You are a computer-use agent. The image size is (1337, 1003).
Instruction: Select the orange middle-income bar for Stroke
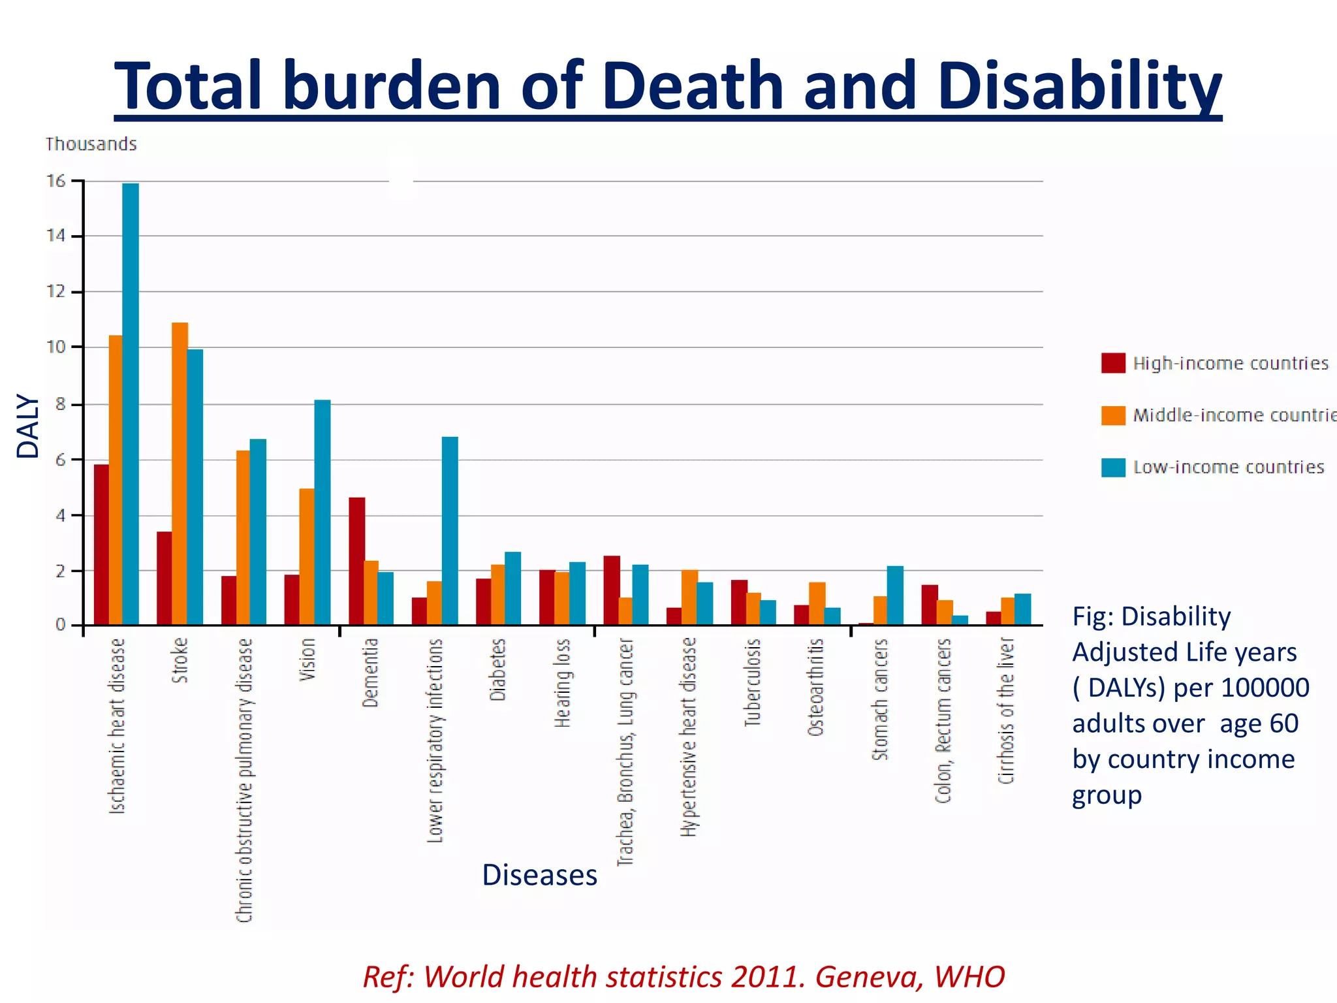[180, 473]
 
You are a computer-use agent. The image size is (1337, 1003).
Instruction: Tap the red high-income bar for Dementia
[356, 561]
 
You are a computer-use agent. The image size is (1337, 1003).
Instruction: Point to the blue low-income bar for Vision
[322, 512]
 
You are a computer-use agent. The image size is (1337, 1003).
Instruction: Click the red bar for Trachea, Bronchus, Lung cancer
[612, 590]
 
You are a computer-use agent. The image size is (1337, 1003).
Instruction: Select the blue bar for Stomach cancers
[895, 595]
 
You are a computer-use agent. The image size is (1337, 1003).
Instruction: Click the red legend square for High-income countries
[1113, 363]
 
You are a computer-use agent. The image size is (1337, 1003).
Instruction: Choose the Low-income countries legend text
[1229, 468]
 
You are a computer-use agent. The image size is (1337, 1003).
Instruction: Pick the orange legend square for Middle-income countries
[1113, 415]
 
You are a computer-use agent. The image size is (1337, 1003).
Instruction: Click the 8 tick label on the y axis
[61, 404]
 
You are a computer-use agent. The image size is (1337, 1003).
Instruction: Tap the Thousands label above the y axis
[91, 144]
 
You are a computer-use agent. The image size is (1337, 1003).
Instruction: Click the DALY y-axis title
[28, 426]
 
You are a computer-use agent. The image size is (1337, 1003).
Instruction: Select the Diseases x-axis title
[539, 875]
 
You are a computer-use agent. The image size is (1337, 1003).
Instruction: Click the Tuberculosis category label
[753, 682]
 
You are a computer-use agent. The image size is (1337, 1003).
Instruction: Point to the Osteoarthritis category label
[816, 687]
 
